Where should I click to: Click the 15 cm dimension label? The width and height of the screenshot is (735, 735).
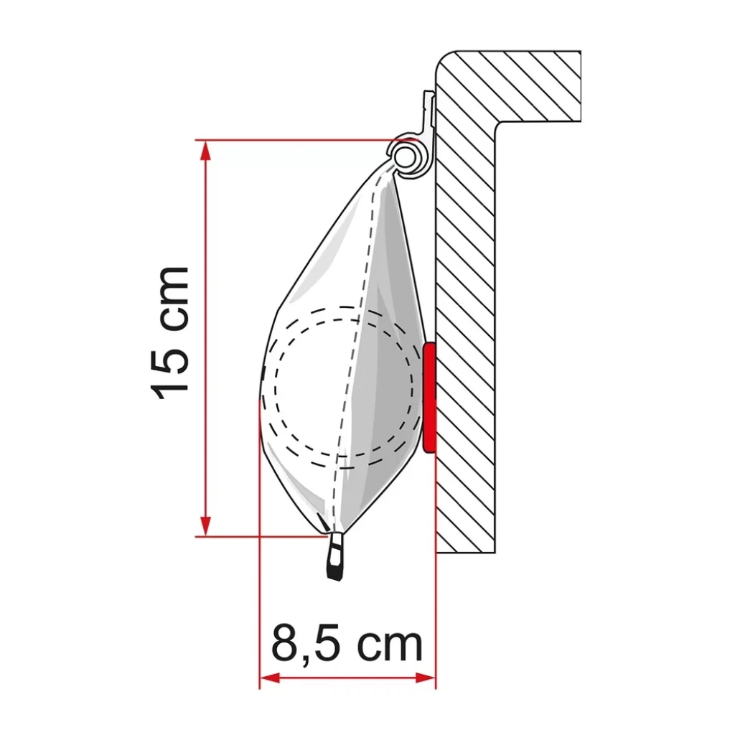(x=169, y=333)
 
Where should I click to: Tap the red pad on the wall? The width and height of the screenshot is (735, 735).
(x=429, y=398)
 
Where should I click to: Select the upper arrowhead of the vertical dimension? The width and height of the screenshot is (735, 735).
(x=205, y=151)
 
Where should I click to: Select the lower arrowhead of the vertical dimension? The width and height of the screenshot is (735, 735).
(x=205, y=525)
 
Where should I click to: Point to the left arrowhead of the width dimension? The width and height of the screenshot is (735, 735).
(x=270, y=678)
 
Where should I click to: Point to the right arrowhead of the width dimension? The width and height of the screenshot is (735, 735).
(x=426, y=678)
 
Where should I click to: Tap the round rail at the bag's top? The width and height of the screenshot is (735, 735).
(x=405, y=156)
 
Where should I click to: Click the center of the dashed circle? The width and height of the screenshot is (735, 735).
(x=345, y=387)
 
